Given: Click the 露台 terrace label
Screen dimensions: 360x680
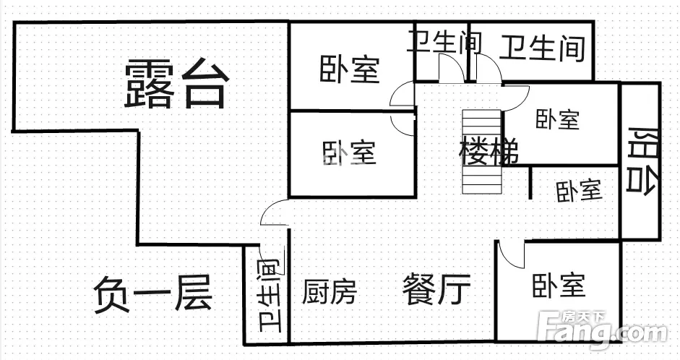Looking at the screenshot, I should click(x=177, y=84).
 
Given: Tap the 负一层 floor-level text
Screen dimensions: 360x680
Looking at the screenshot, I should click(x=152, y=296).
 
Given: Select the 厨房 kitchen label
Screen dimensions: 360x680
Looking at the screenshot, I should click(x=330, y=291).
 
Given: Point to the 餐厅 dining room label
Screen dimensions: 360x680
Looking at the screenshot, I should click(x=436, y=290).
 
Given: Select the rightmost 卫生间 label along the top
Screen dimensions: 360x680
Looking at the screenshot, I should click(x=543, y=48).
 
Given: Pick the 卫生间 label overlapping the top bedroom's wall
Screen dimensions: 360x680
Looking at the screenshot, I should click(x=444, y=41).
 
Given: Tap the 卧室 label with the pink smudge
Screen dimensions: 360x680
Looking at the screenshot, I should click(x=349, y=153).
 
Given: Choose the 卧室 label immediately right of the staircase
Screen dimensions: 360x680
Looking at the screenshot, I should click(x=557, y=119).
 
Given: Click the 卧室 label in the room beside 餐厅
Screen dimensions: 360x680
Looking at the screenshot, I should click(x=558, y=286).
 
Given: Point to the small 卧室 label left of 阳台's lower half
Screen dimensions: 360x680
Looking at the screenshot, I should click(x=579, y=190).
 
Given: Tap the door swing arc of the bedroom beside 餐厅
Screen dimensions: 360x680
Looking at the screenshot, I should click(x=511, y=255).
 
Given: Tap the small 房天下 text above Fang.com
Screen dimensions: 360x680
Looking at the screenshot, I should click(x=578, y=317).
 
